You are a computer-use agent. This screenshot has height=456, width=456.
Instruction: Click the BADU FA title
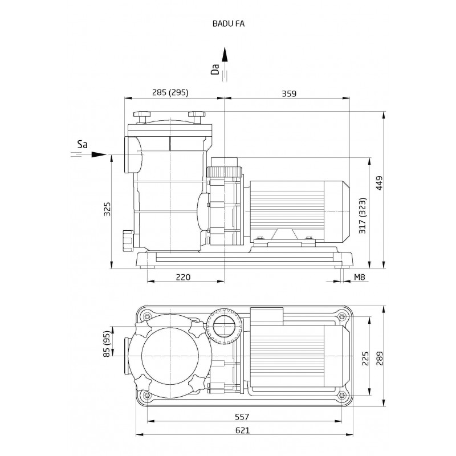coord(229,24)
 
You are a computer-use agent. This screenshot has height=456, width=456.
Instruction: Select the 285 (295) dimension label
coord(170,92)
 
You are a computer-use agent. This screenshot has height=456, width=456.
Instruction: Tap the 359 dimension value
coord(289,93)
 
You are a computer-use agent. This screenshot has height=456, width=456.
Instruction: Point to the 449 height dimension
coord(379,183)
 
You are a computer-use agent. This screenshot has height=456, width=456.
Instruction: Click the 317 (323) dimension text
coord(363,216)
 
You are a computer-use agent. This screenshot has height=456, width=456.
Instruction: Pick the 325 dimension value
coord(107,209)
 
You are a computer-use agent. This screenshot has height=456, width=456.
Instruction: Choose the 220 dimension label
coord(183,277)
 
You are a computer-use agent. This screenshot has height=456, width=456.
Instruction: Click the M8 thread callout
coord(359,277)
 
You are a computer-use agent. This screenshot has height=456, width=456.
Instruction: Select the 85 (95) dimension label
coord(107,344)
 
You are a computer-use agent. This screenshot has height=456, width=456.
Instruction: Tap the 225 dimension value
coord(365,359)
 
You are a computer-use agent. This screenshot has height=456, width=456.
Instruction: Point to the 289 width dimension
coord(379,359)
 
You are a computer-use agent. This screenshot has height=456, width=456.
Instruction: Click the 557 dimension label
coord(242,417)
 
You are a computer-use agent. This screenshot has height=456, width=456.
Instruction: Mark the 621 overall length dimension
coord(243,430)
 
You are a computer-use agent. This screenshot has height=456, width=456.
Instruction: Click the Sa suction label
coord(82,145)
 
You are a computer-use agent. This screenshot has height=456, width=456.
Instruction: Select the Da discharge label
coord(215,70)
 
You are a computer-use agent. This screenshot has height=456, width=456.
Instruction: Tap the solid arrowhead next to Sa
coord(99,154)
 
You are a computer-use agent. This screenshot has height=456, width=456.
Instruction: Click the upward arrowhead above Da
coord(225,54)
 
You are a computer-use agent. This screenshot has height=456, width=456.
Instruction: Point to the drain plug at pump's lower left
coord(127,241)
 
